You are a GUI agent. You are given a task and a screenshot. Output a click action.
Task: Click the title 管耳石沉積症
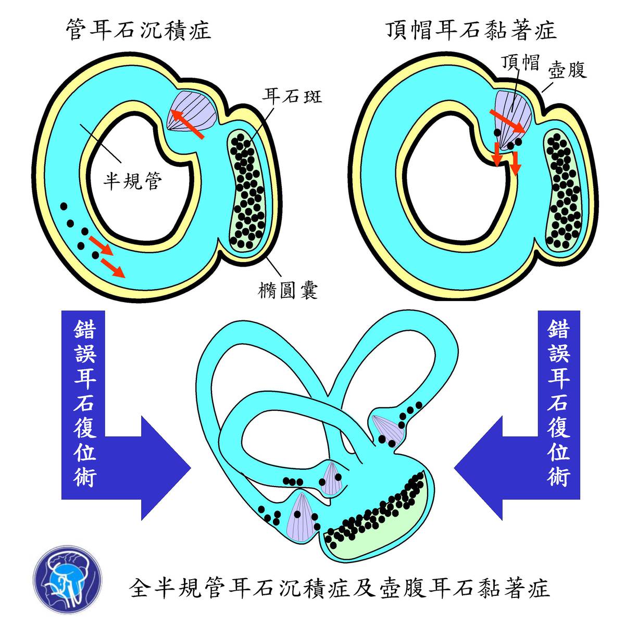tap(139, 30)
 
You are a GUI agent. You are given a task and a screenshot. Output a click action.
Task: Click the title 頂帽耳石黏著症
tap(471, 30)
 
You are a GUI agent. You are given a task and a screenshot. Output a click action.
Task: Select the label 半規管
tap(132, 181)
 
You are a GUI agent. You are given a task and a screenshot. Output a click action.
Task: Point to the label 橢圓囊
tap(288, 290)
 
